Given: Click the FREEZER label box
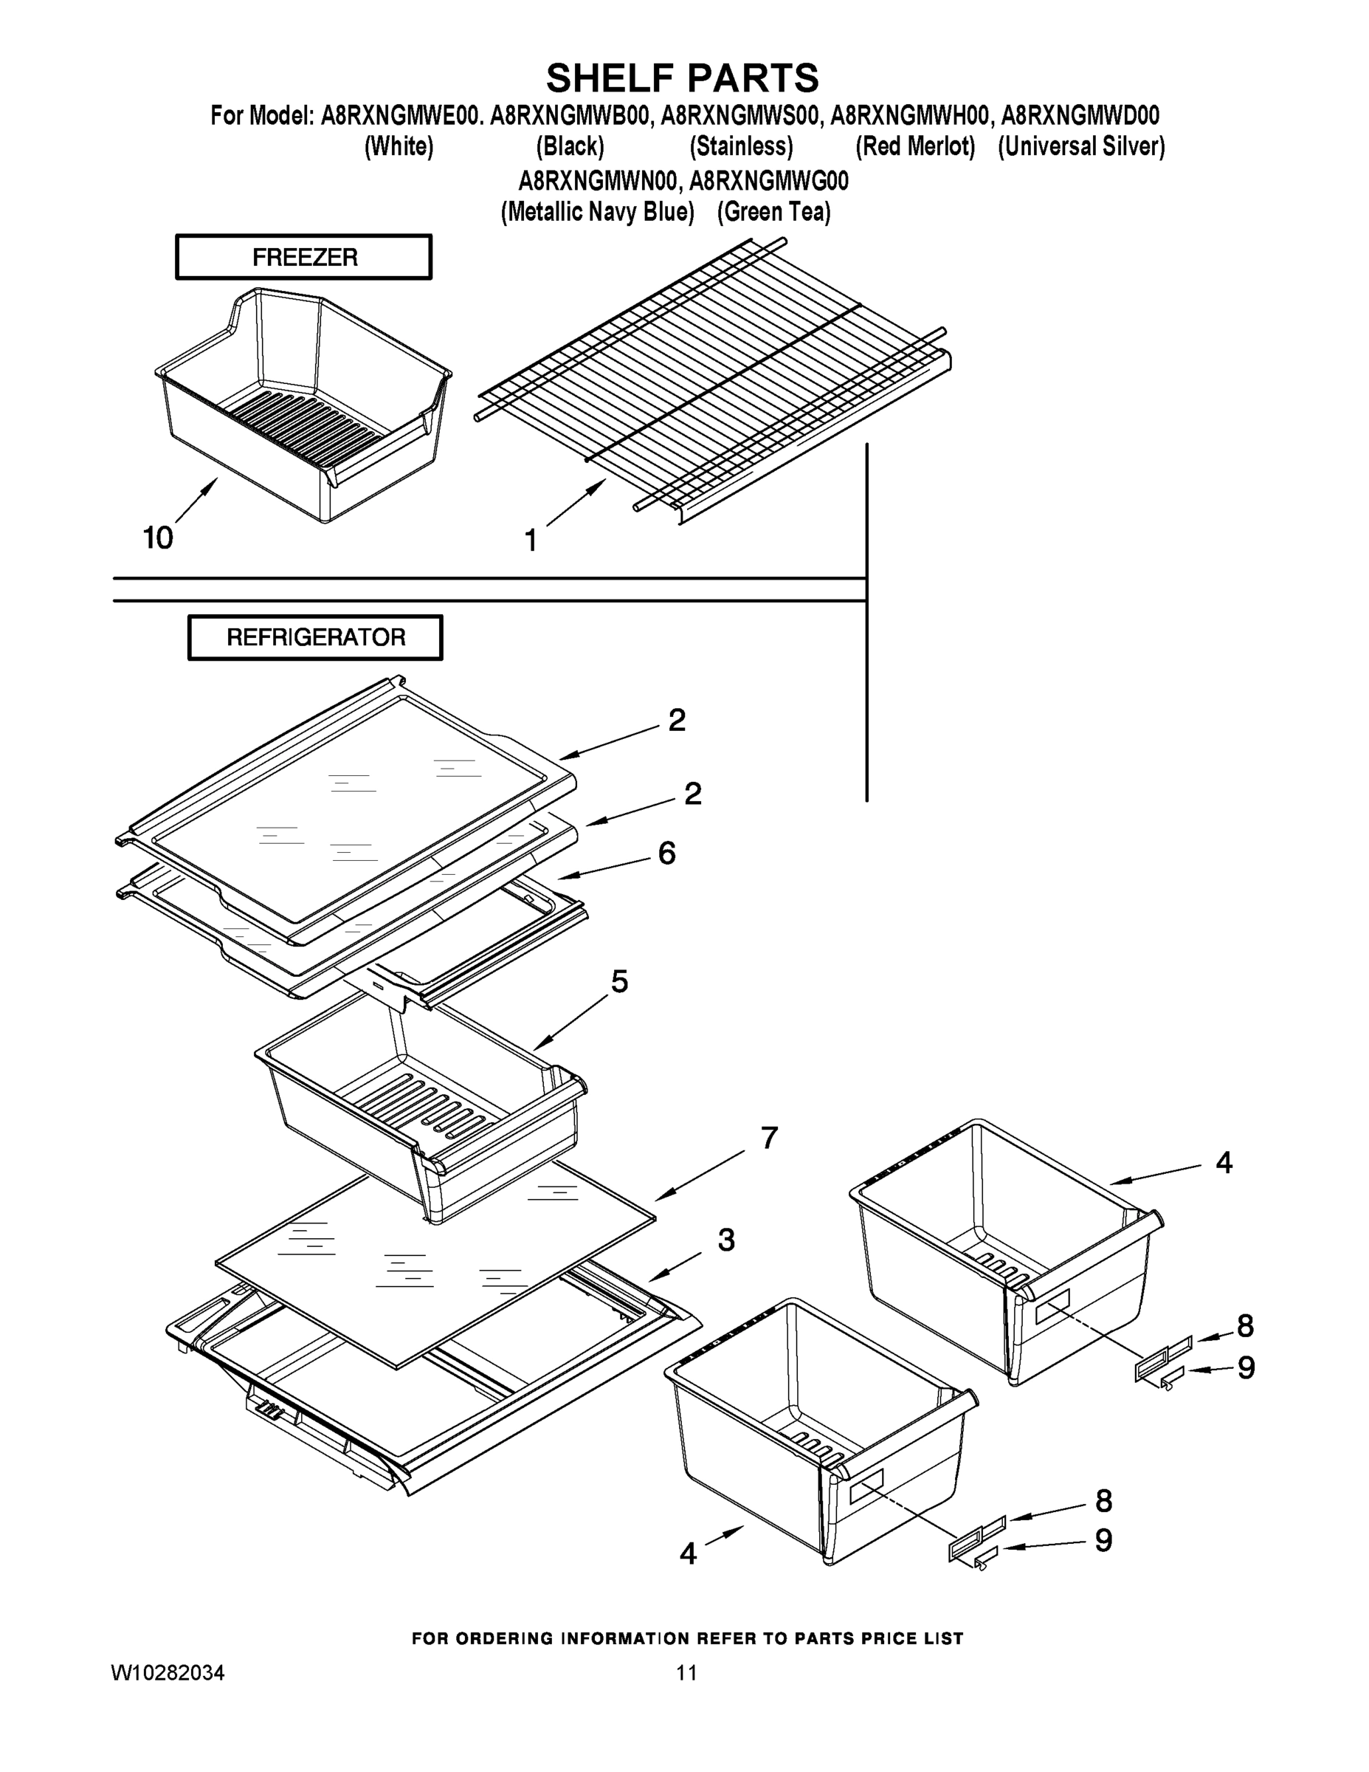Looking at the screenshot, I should (x=304, y=257).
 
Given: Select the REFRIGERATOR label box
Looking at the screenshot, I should (x=315, y=637).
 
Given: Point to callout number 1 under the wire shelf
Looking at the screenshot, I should (x=531, y=540).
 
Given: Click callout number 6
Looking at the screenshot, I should (x=666, y=853).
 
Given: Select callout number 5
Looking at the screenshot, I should (x=620, y=982).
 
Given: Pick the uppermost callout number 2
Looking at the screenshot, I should (x=677, y=720).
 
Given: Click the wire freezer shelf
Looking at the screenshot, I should (x=714, y=381).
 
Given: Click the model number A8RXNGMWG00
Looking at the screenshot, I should (x=769, y=180).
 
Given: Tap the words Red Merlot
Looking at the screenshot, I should (x=916, y=147).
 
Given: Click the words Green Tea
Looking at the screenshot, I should (x=773, y=213).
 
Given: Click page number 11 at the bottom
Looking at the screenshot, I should (x=686, y=1673).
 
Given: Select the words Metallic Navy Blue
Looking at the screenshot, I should (x=598, y=213).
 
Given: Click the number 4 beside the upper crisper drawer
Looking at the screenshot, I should (x=1224, y=1164).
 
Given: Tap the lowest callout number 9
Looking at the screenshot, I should (x=1104, y=1540).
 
